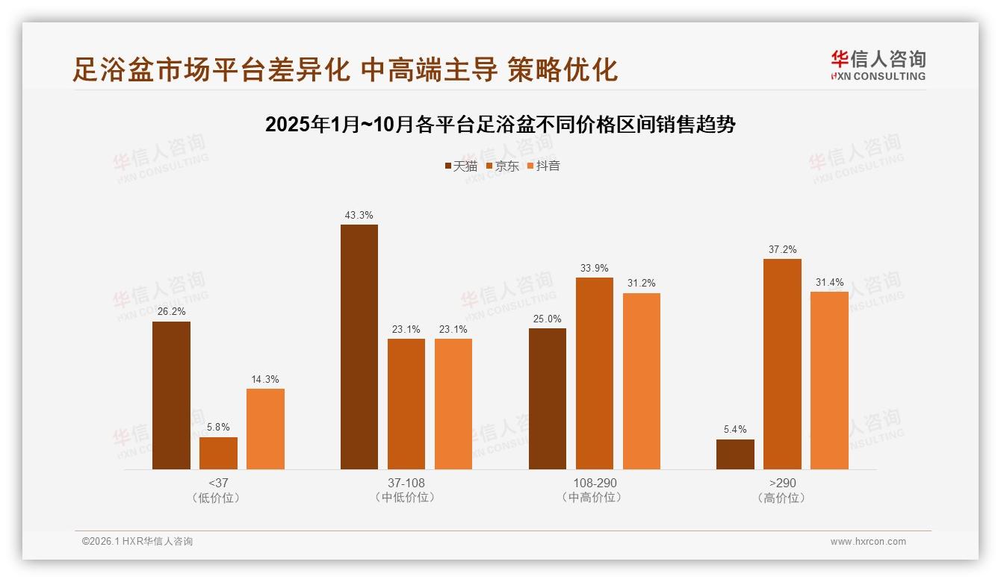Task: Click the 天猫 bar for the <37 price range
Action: [171, 395]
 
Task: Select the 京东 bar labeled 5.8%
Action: [218, 453]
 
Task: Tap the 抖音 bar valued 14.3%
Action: [265, 429]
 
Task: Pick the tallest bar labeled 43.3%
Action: [359, 347]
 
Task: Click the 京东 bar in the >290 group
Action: [782, 364]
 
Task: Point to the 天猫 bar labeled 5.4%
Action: [735, 454]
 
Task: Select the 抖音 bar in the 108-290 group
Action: [642, 381]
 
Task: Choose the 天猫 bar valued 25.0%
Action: [548, 398]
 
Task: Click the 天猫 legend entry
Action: [461, 166]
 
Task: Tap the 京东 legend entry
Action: [503, 166]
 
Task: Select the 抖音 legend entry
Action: [544, 166]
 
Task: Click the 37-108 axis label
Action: [406, 483]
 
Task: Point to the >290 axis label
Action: [782, 483]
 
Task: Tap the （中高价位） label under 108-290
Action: [595, 498]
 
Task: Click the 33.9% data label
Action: [595, 269]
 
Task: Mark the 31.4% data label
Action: [829, 282]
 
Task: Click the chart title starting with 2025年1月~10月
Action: [500, 125]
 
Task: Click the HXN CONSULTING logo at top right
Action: [878, 66]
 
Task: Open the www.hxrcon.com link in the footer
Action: [868, 542]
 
